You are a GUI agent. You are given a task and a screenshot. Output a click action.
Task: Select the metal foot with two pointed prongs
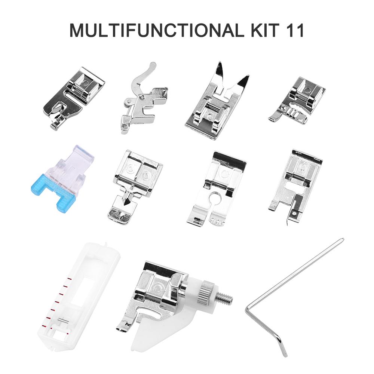[216, 105]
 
